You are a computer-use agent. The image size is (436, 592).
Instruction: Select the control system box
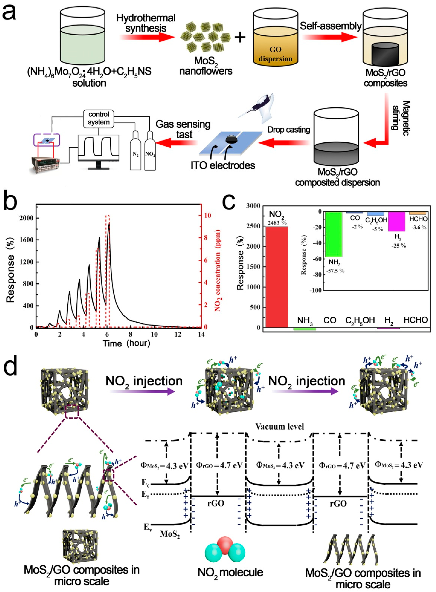pyautogui.click(x=98, y=118)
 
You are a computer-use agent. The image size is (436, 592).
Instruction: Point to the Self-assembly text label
pyautogui.click(x=330, y=26)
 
